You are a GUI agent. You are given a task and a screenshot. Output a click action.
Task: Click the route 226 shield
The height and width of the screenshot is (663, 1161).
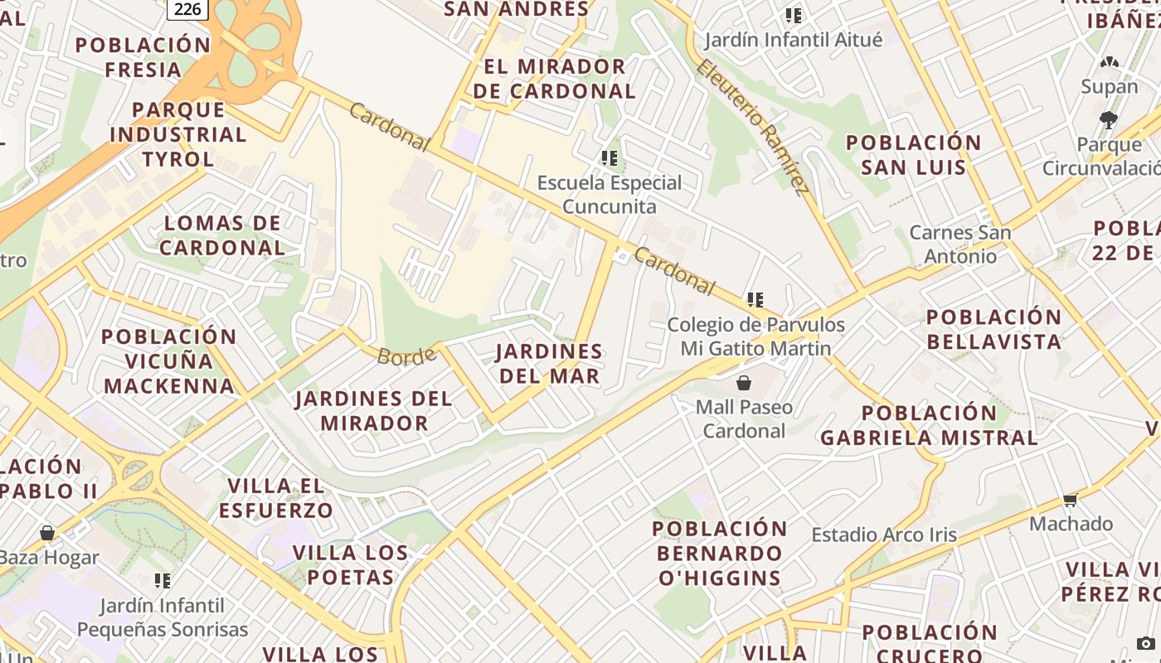(187, 8)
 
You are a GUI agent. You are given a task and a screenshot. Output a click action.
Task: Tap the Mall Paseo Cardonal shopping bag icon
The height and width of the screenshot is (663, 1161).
(744, 383)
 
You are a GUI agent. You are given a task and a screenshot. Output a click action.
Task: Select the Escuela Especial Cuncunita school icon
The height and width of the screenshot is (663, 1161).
(610, 157)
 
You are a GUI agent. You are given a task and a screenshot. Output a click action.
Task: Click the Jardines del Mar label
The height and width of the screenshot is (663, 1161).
(549, 363)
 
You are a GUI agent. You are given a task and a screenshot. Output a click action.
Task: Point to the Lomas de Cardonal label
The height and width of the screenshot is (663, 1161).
(222, 235)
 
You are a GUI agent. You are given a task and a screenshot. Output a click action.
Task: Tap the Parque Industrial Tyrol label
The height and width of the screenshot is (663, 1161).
(177, 133)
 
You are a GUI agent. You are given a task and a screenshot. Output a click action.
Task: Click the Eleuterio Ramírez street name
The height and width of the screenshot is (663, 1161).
(752, 126)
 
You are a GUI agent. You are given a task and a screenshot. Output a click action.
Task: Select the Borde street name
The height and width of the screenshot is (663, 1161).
(406, 356)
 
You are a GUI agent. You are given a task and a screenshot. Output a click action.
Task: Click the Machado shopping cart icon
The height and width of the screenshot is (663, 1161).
(1070, 500)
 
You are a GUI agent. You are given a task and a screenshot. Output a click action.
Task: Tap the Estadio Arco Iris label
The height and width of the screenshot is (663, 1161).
(884, 535)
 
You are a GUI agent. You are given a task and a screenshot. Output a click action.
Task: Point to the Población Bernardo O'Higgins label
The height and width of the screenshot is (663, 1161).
(720, 553)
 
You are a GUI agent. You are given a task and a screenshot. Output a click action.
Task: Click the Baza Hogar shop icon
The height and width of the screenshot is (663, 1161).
(47, 532)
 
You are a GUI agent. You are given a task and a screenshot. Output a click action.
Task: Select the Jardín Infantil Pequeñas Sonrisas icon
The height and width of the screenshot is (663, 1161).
(163, 580)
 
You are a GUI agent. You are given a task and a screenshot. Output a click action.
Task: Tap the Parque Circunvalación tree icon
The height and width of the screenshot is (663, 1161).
(1108, 120)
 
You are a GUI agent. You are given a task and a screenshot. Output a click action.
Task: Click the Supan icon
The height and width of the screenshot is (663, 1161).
(1109, 62)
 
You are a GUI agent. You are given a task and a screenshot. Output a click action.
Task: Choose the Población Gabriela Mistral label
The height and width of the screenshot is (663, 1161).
(929, 424)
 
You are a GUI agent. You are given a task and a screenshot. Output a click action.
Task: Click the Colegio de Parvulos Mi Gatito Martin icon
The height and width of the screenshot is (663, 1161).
(755, 299)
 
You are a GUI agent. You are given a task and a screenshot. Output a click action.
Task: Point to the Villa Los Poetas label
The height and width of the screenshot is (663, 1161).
(351, 564)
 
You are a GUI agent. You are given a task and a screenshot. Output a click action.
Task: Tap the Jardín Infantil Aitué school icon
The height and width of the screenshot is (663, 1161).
(794, 15)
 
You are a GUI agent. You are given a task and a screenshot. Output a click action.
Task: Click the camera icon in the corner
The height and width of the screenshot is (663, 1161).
(1144, 643)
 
